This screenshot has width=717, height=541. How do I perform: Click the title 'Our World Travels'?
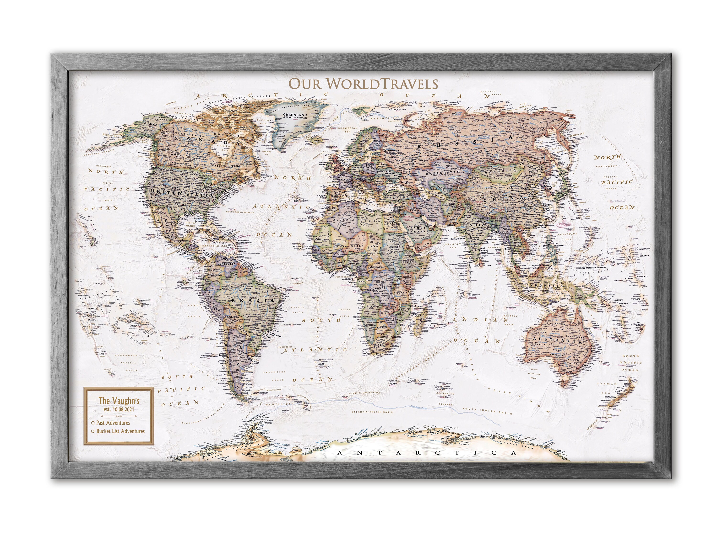click(x=363, y=84)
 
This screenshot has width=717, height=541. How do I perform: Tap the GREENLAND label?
click(x=295, y=115)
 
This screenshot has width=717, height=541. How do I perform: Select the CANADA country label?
click(x=207, y=140)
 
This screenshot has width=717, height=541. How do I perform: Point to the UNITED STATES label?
click(x=180, y=194)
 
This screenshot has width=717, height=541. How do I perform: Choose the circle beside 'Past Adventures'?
click(x=93, y=423)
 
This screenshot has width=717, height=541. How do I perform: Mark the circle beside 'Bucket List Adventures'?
click(x=93, y=431)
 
